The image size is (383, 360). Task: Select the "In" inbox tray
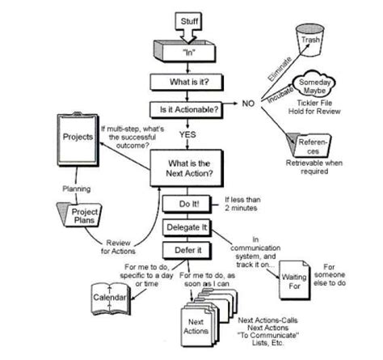click(185, 51)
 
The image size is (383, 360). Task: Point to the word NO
click(248, 104)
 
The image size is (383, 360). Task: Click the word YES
click(187, 134)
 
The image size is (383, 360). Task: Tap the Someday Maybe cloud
click(314, 84)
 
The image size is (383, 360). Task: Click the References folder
click(309, 145)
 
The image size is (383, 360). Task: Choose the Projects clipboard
click(78, 139)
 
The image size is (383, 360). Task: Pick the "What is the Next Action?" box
click(187, 168)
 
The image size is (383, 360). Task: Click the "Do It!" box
click(187, 204)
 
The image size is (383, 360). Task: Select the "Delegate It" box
click(187, 227)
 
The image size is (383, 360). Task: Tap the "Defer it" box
click(187, 251)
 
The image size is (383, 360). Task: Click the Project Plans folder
click(79, 215)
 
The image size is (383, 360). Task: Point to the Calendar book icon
click(111, 299)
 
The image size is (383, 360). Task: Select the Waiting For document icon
click(294, 280)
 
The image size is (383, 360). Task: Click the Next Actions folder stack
click(208, 318)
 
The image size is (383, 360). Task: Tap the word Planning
click(77, 188)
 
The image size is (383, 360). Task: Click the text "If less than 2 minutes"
click(242, 204)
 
